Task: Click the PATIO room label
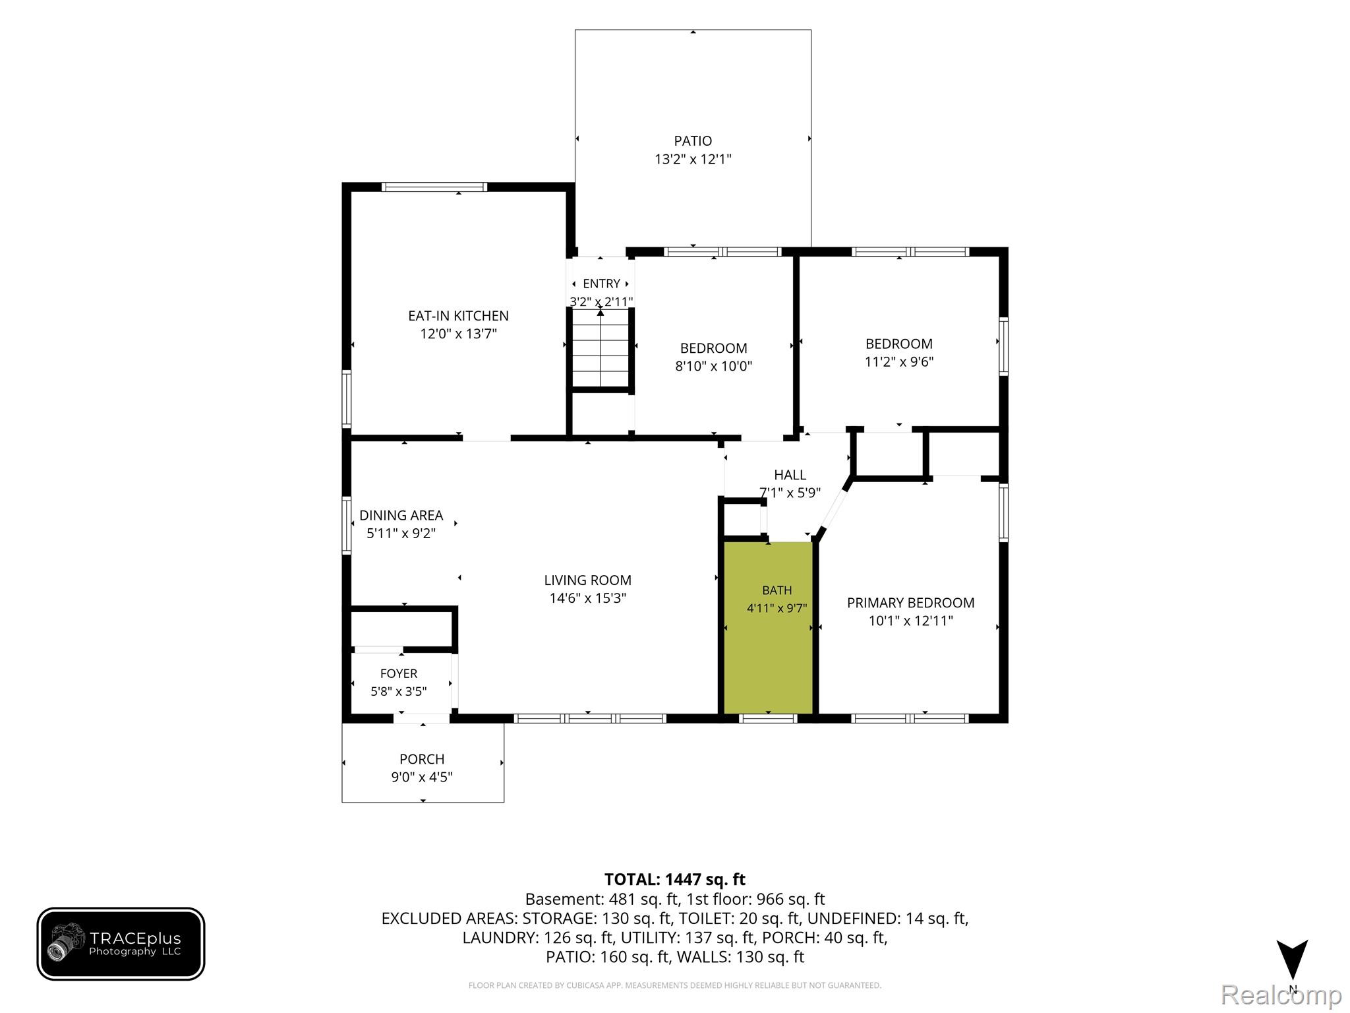pos(693,140)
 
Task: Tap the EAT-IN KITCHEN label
pos(458,316)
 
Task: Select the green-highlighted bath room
pos(768,627)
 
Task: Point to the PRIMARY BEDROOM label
pos(910,603)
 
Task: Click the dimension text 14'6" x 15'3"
pos(587,598)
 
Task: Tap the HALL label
pos(790,475)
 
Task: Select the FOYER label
pos(399,673)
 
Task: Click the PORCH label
pos(422,759)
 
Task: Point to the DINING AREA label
pos(401,515)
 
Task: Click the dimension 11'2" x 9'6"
pos(899,361)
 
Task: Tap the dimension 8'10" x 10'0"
pos(713,366)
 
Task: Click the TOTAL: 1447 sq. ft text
pos(674,879)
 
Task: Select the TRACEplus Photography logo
pos(121,944)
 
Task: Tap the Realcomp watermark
pos(1281,995)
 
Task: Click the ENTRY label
pos(601,284)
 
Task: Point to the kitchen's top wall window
pos(435,187)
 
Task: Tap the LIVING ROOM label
pos(587,580)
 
